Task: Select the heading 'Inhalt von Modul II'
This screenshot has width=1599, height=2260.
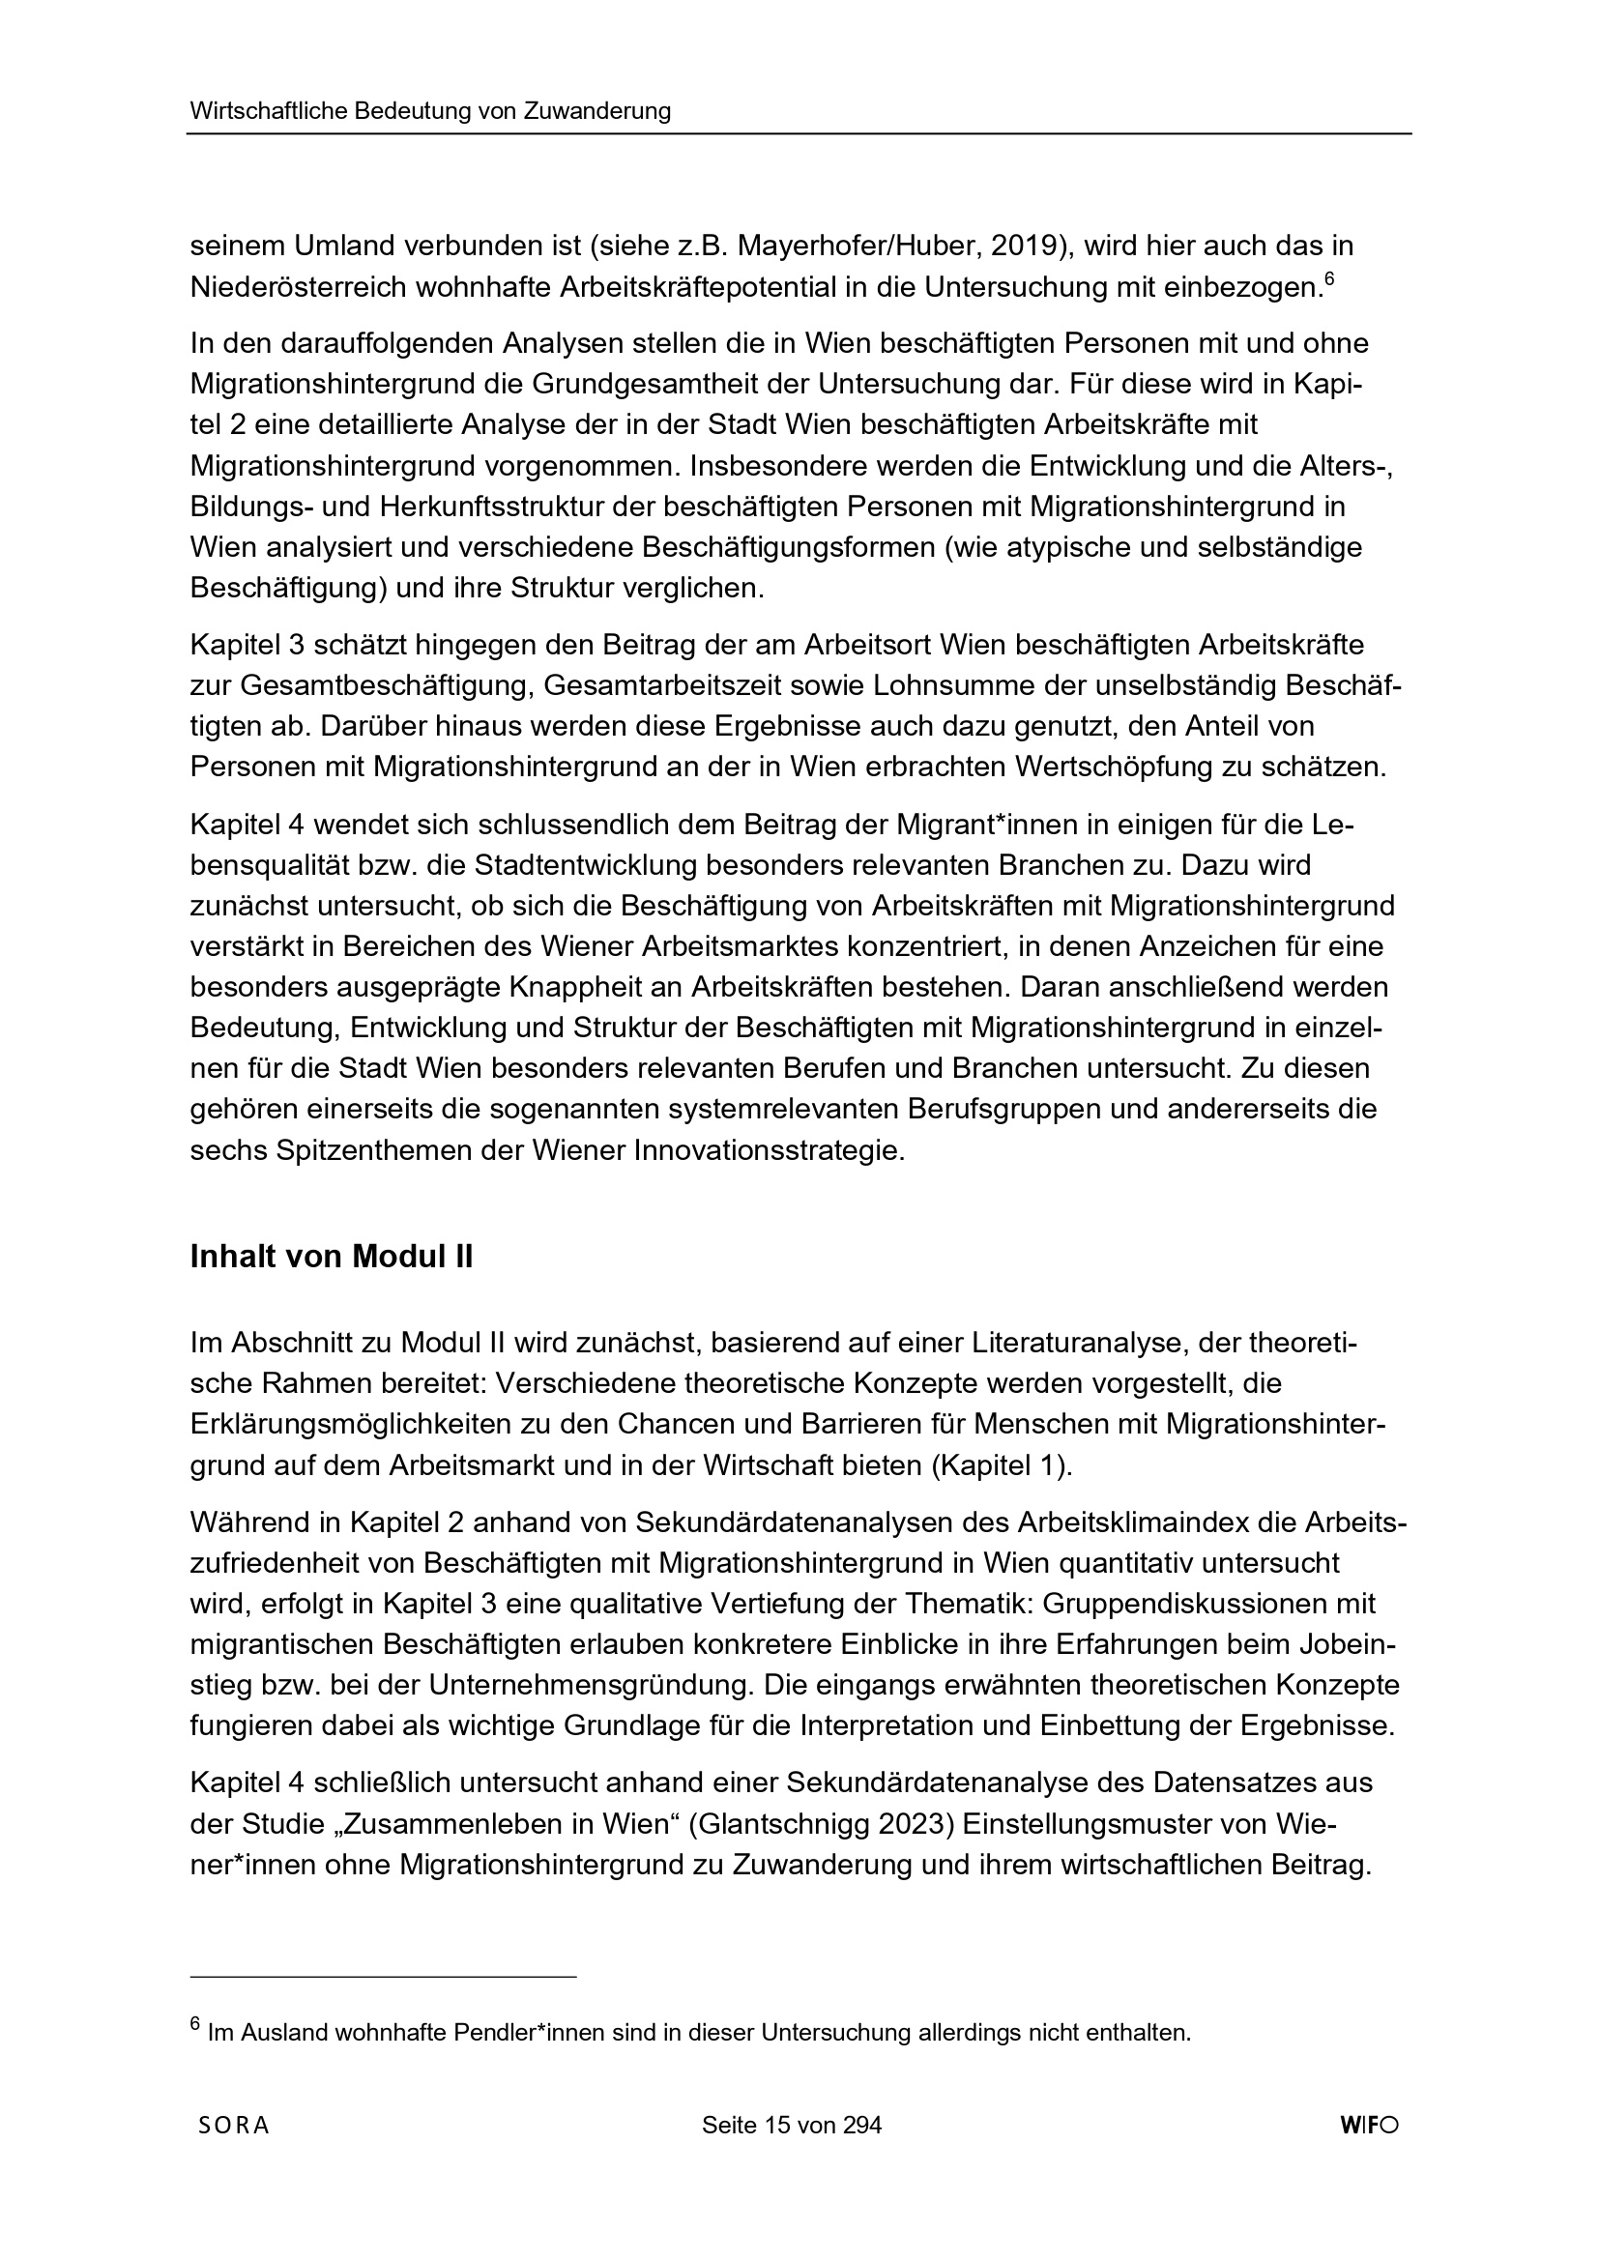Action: coord(331,1258)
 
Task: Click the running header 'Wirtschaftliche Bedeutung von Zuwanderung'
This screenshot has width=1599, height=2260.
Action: coord(430,111)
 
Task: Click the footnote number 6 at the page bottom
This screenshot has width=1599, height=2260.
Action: coord(195,2025)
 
